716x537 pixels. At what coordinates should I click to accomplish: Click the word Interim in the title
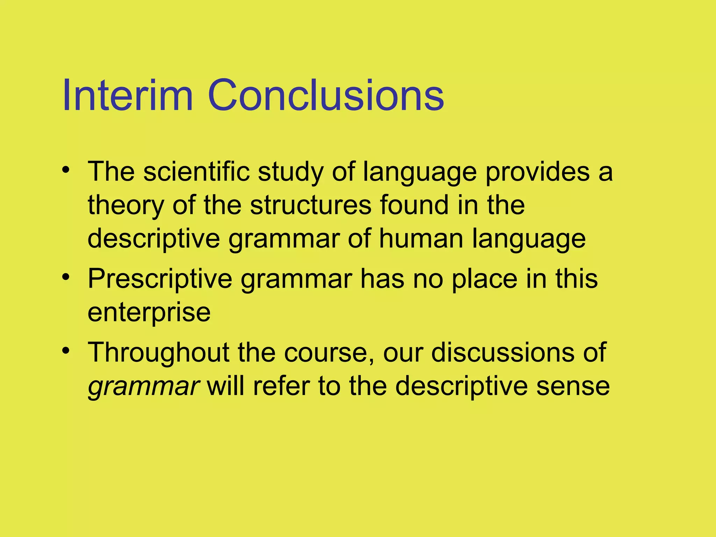128,95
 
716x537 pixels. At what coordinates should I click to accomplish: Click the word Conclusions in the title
325,95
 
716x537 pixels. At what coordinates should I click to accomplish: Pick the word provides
537,172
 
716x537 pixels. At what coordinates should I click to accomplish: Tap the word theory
126,205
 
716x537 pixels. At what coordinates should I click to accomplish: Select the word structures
311,205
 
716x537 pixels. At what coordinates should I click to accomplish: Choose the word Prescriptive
160,279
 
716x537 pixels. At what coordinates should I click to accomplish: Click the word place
485,279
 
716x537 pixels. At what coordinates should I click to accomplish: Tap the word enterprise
149,313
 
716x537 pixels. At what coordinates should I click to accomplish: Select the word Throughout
158,352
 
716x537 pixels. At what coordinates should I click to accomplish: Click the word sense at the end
573,386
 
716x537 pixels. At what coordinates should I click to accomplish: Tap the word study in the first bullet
291,172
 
